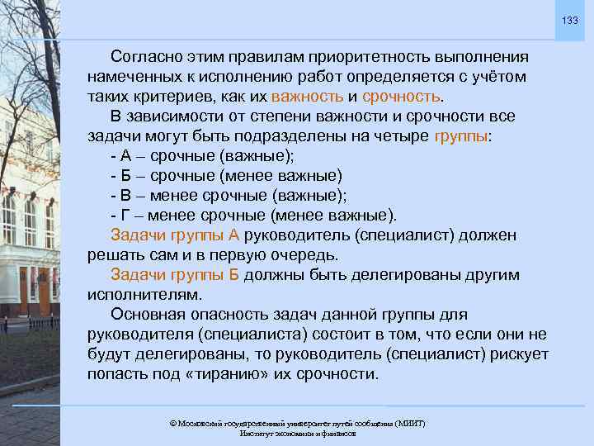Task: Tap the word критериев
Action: coord(172,96)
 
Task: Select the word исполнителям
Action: coord(144,294)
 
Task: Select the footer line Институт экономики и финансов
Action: coord(298,433)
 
